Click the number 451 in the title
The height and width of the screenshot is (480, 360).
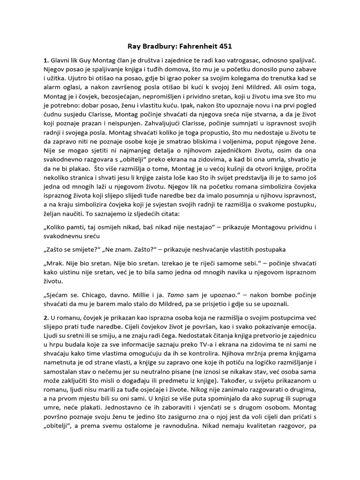point(223,46)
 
